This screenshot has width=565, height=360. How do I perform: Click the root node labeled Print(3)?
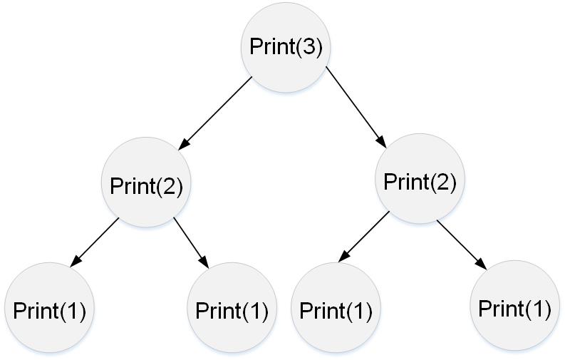[286, 48]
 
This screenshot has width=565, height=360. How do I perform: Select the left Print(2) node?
[146, 185]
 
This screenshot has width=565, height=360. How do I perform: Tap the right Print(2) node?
[420, 180]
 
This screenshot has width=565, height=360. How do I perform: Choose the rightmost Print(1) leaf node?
[514, 308]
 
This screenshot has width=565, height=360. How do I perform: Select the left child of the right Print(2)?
[336, 310]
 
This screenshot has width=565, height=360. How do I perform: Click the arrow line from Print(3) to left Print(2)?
[215, 112]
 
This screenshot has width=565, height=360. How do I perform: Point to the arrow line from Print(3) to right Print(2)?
[356, 106]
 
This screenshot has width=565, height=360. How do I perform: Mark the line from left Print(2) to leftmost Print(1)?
[95, 242]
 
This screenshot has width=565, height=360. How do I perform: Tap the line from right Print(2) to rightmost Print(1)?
[462, 245]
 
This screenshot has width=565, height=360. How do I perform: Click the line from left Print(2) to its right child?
[191, 242]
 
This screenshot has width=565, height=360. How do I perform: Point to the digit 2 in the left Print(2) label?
[167, 186]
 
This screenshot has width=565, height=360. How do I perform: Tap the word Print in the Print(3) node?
[271, 48]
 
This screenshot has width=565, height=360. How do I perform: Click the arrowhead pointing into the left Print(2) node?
[182, 143]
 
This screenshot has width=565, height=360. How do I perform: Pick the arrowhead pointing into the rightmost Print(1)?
[482, 264]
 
